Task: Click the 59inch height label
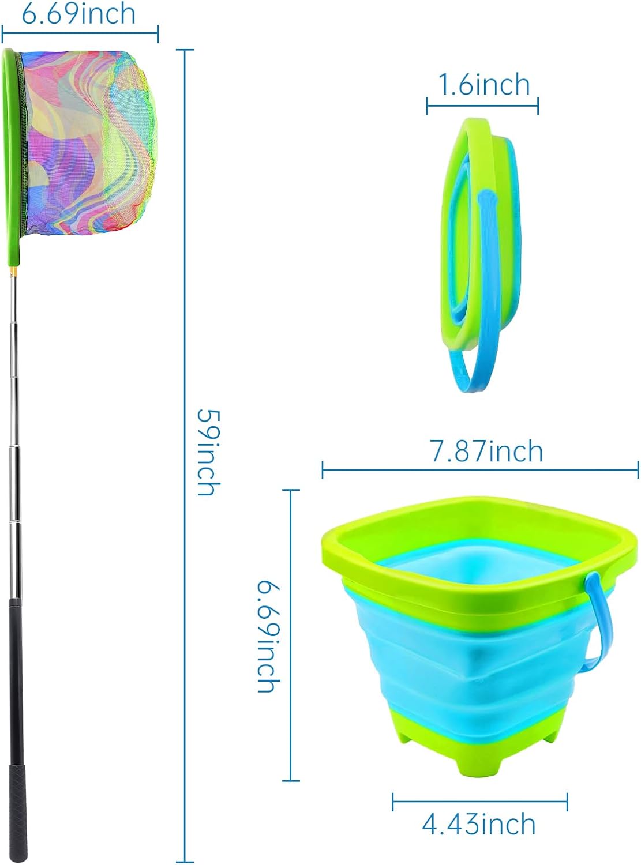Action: pos(208,453)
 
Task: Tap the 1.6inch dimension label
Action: pos(483,85)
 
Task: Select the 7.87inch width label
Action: pos(486,451)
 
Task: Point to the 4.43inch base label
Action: pos(479,824)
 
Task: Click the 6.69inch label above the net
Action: pos(79,14)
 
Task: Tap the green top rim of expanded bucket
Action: pos(479,519)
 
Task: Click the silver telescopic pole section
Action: pos(14,432)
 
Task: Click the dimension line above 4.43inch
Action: pos(479,802)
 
